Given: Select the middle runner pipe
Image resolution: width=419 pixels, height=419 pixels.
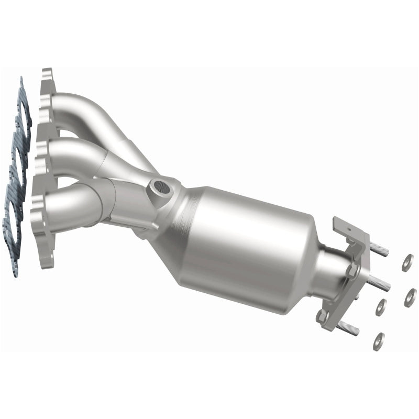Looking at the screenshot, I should [79, 151].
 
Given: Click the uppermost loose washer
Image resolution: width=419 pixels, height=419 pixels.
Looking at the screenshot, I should [407, 262].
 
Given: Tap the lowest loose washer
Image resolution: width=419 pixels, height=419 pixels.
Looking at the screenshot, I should [378, 342].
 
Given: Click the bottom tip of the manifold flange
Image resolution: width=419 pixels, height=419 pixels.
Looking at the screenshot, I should [47, 262].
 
